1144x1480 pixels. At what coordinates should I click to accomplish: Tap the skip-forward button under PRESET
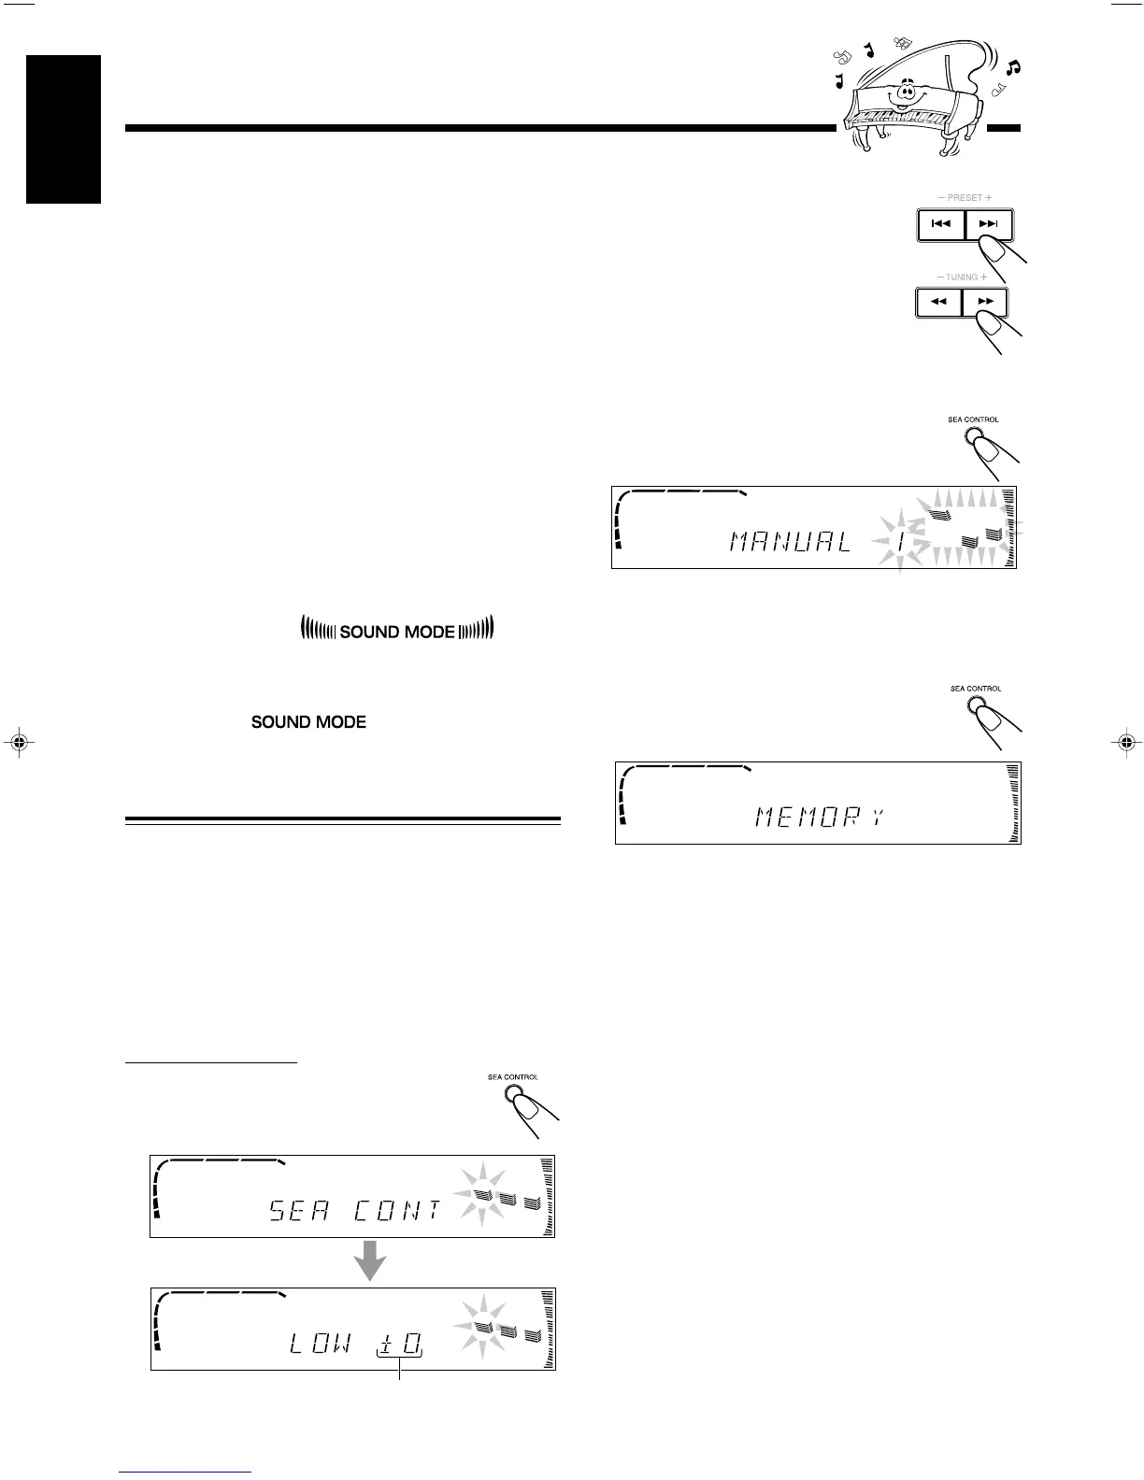[x=989, y=225]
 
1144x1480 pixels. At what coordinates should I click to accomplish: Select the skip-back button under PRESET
[x=941, y=225]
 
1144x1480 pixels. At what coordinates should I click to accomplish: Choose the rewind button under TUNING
[x=938, y=303]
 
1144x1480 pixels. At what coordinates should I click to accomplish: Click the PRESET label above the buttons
[x=965, y=198]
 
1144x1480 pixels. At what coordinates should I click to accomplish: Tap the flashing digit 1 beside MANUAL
[x=900, y=543]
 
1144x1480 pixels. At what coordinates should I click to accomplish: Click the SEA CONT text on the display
[x=355, y=1212]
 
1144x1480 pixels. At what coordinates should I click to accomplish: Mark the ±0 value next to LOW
[x=399, y=1345]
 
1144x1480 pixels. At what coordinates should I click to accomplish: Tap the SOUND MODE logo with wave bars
[x=397, y=632]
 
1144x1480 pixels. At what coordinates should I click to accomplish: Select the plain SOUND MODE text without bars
[x=308, y=722]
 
